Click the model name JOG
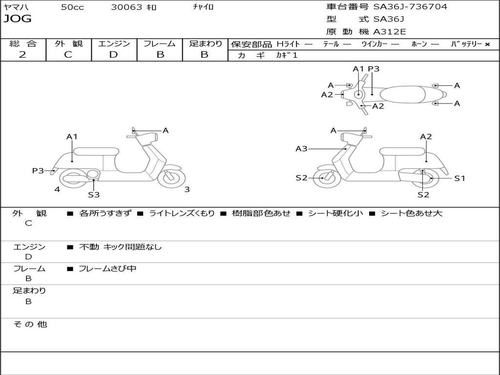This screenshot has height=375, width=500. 17,20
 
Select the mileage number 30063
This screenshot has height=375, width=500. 126,7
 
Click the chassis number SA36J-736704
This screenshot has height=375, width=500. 410,7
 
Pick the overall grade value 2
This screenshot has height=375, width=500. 22,55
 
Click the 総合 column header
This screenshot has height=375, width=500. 23,44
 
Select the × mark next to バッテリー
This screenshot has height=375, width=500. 487,44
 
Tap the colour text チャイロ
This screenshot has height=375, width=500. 204,7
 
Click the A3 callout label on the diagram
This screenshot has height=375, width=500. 301,148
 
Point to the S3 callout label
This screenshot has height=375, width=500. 94,194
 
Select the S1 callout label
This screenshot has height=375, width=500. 459,178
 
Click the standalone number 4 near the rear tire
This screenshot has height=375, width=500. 57,189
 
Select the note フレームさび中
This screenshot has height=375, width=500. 107,269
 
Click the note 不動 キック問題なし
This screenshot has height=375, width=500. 120,247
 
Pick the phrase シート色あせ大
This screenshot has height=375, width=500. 411,213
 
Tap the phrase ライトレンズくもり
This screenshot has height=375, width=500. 181,213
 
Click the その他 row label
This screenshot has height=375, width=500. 30,324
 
